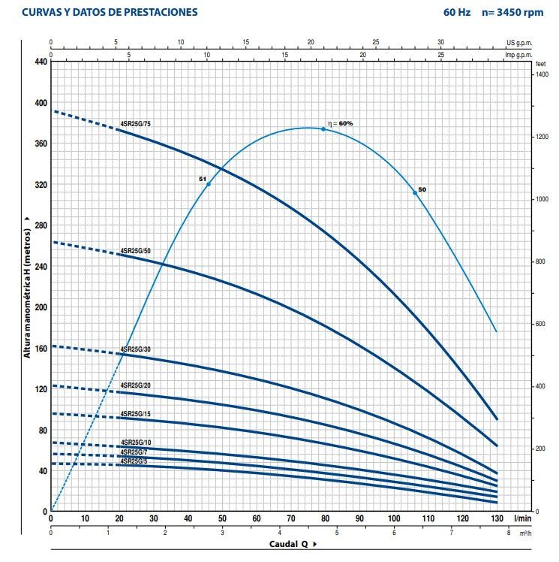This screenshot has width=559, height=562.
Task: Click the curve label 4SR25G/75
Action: click(x=135, y=122)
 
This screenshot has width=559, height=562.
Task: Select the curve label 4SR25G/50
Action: click(x=135, y=250)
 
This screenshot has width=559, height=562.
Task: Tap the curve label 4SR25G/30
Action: click(x=135, y=349)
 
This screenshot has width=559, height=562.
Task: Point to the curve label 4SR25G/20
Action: click(x=135, y=385)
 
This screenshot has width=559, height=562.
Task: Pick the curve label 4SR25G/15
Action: click(x=135, y=413)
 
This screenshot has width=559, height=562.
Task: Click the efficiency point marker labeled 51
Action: click(x=209, y=184)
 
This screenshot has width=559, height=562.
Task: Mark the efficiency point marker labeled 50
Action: click(x=415, y=193)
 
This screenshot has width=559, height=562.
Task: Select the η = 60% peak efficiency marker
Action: click(x=323, y=129)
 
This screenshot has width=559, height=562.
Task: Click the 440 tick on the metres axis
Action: click(x=39, y=62)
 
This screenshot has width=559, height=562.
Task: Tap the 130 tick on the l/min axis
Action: click(x=497, y=519)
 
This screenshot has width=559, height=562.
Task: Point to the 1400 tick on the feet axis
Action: click(x=542, y=74)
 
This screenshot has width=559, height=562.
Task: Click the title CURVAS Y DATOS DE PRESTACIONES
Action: click(x=110, y=12)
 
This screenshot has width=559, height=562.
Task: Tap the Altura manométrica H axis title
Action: click(x=27, y=286)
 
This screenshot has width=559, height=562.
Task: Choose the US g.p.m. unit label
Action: click(x=519, y=42)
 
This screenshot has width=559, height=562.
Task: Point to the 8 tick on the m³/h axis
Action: click(x=509, y=533)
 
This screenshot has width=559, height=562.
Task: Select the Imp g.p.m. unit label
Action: click(x=518, y=54)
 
